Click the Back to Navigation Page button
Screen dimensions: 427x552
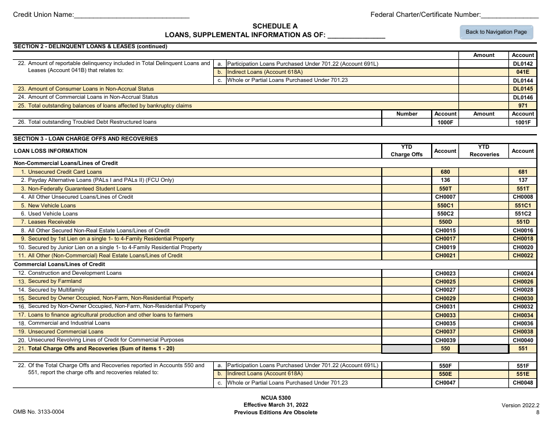click(x=496, y=32)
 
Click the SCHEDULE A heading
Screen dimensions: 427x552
click(x=275, y=26)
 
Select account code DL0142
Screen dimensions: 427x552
click(x=522, y=64)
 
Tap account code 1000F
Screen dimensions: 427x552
click(x=445, y=123)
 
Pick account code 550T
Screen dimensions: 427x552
click(x=445, y=189)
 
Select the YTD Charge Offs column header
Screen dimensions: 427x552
click(x=406, y=150)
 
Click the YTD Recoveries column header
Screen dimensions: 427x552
click(x=483, y=150)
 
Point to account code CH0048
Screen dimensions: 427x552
click(x=522, y=383)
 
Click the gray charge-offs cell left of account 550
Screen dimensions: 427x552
click(x=406, y=349)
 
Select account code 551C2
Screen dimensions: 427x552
click(x=522, y=214)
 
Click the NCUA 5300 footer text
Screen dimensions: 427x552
click(x=275, y=397)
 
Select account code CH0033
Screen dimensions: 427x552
click(x=445, y=315)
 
